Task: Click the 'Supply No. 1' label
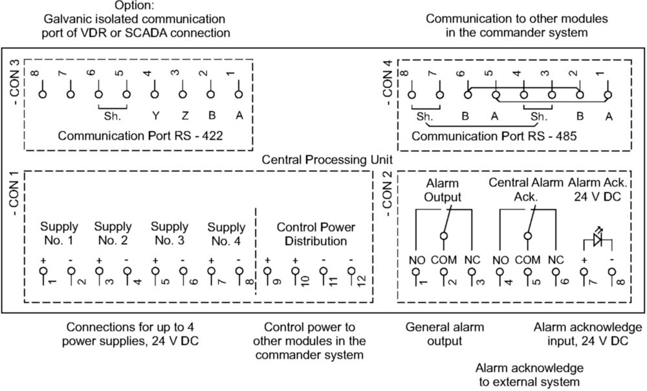coord(59,234)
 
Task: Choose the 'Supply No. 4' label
coord(226,234)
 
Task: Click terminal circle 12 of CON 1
coord(351,272)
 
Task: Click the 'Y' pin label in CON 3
coord(156,116)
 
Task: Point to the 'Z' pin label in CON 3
coord(184,116)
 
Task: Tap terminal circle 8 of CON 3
coord(43,94)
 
